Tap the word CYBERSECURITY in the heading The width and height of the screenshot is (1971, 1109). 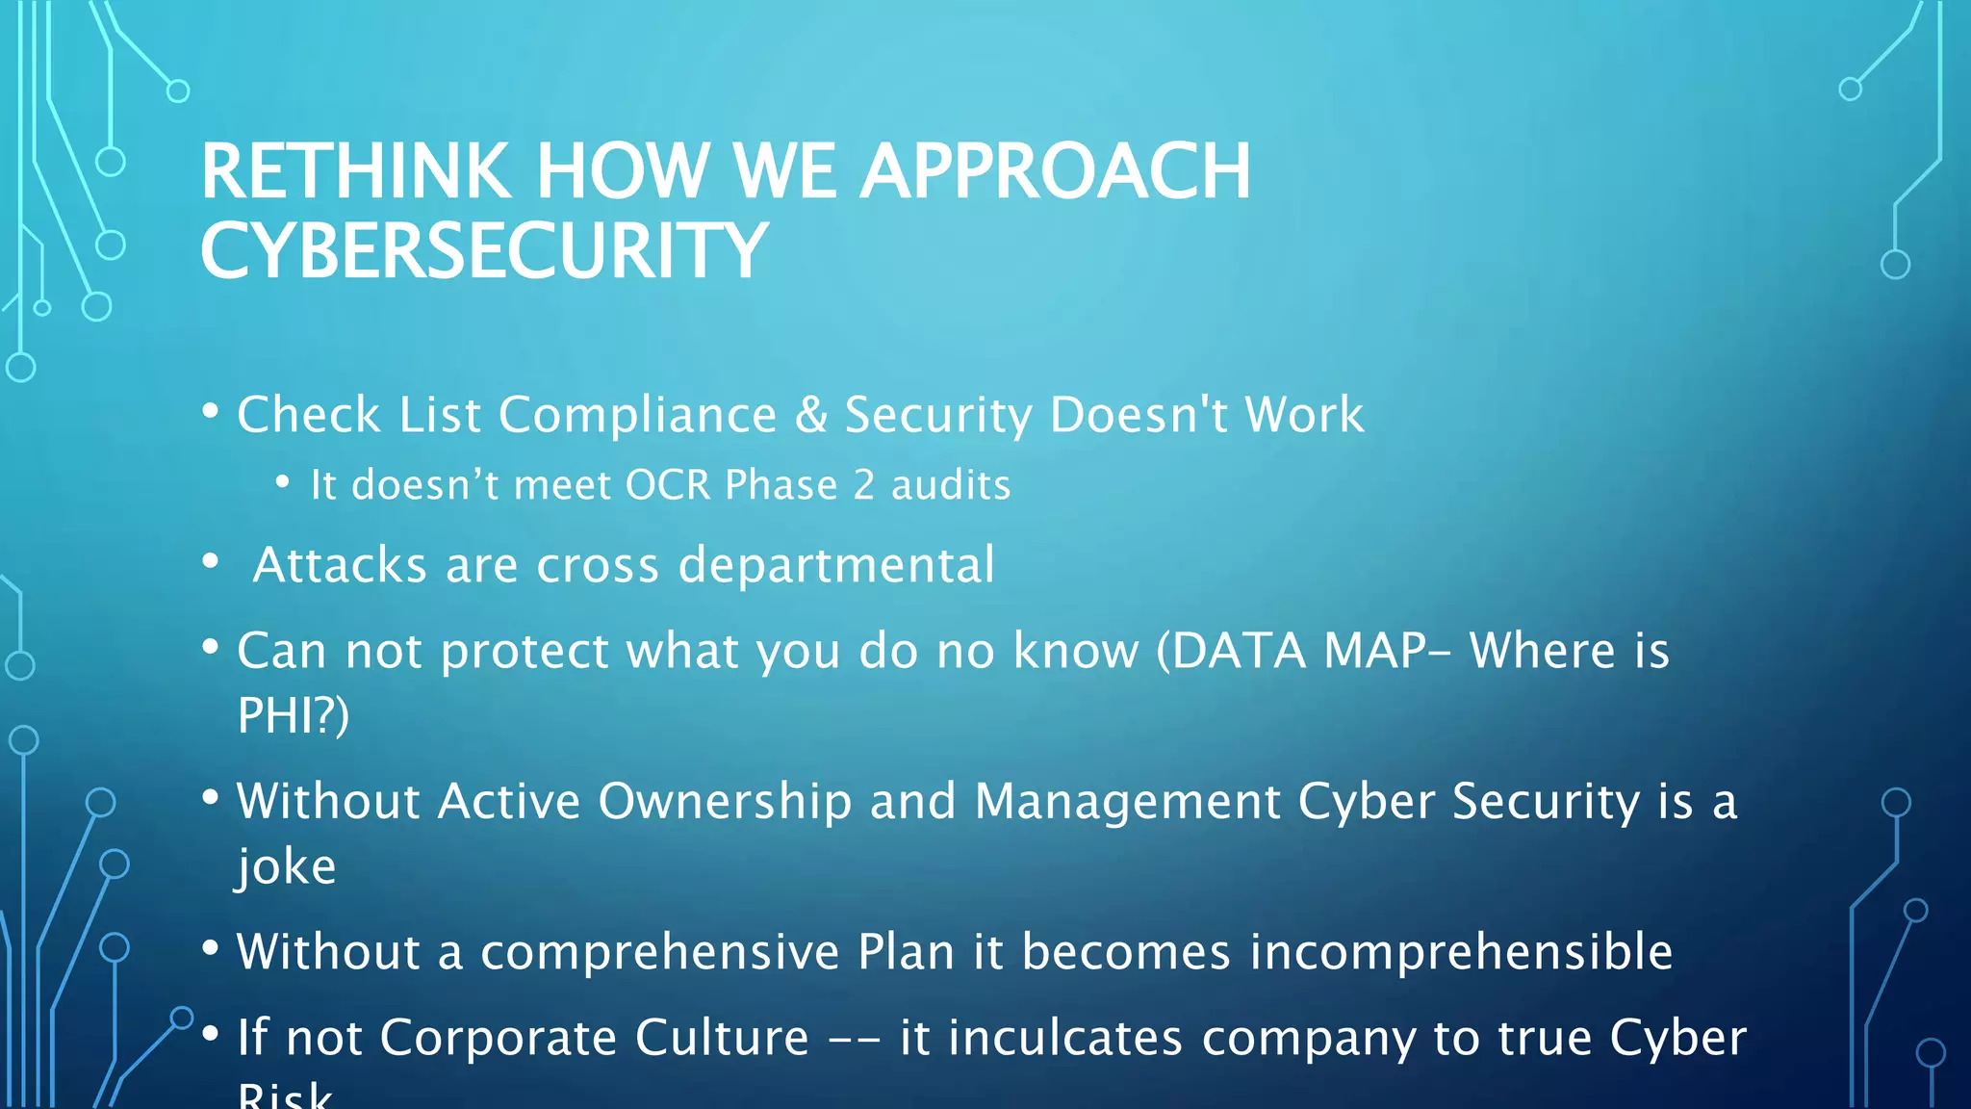pos(483,251)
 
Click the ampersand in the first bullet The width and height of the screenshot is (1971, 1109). pos(811,415)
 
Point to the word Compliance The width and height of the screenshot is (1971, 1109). pos(637,415)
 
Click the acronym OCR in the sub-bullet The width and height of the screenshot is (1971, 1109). pos(668,485)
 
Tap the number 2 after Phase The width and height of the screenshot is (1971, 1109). pos(863,485)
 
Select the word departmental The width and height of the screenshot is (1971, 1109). pos(835,565)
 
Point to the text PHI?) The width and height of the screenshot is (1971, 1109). pos(293,715)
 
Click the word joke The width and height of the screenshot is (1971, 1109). pos(286,865)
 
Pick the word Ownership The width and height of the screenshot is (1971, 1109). pos(725,801)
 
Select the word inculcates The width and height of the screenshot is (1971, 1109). pos(1040,1038)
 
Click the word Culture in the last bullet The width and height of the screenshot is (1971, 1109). pos(722,1038)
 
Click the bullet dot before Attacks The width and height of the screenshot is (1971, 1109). pos(211,561)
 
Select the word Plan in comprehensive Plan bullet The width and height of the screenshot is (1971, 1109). pos(906,952)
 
